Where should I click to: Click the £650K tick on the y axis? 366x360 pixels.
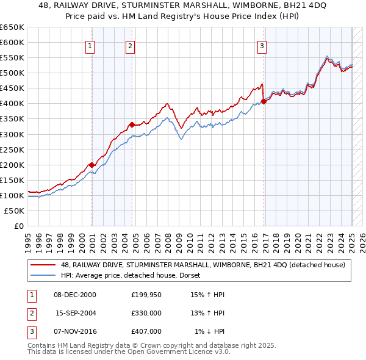click(x=12, y=27)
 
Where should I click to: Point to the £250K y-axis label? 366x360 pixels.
click(x=12, y=149)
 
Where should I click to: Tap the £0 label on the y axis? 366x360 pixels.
click(x=19, y=226)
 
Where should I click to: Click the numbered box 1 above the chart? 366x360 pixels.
click(x=90, y=45)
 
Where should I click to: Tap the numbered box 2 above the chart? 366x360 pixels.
click(x=131, y=45)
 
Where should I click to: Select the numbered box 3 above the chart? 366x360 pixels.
click(x=262, y=45)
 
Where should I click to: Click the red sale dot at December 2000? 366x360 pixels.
click(x=91, y=165)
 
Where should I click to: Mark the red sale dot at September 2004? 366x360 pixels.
click(x=132, y=124)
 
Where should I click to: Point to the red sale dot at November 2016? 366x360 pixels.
click(x=264, y=101)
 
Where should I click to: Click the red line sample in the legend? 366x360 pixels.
click(x=43, y=265)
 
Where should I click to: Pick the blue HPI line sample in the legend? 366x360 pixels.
click(x=43, y=275)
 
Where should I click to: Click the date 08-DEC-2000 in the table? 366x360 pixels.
click(x=74, y=295)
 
